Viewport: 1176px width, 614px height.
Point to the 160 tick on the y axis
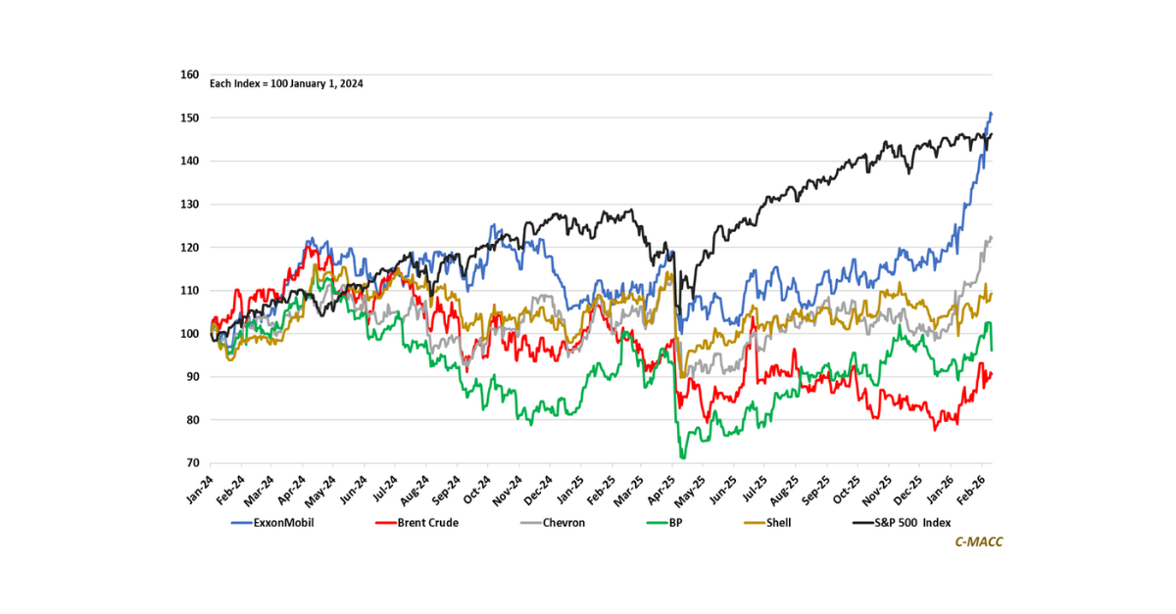[x=190, y=74]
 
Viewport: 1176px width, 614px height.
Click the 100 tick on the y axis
[x=190, y=334]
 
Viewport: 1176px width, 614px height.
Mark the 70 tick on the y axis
[x=192, y=463]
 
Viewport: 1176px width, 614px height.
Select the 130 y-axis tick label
[x=190, y=205]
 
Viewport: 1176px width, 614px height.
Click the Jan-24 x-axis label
[x=202, y=487]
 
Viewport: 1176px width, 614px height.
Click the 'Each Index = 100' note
[x=287, y=84]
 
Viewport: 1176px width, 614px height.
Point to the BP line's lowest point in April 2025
[x=682, y=457]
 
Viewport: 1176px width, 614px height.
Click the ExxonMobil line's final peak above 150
[x=991, y=114]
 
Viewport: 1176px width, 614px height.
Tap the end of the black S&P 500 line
[x=992, y=134]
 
